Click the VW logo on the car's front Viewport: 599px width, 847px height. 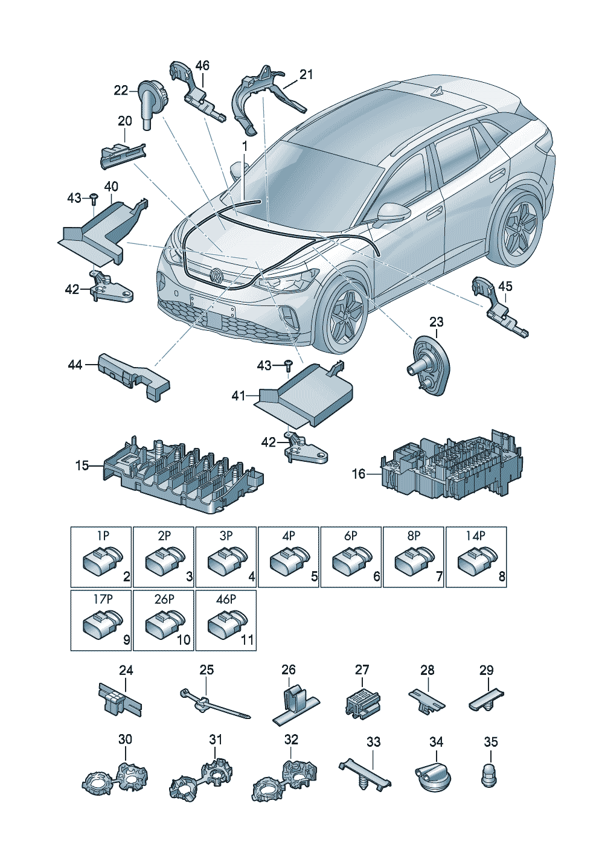[216, 276]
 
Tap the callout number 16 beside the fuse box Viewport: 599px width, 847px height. [359, 474]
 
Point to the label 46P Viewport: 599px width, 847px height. [226, 599]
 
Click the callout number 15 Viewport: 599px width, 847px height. [82, 465]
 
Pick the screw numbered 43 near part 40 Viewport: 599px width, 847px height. [94, 198]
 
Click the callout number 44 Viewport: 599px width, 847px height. [75, 365]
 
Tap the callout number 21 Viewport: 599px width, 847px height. [307, 74]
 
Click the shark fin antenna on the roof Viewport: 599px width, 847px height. [438, 92]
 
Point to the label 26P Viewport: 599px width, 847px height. [164, 599]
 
